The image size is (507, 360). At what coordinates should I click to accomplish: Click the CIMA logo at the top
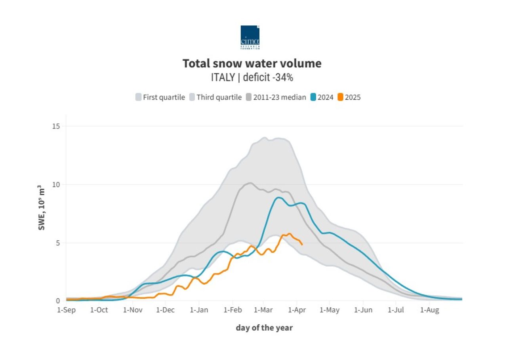coord(250,37)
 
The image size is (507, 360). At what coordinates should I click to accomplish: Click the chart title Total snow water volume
coord(252,63)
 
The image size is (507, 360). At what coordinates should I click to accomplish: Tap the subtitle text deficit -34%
coord(268,78)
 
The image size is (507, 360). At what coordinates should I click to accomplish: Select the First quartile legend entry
coord(160,97)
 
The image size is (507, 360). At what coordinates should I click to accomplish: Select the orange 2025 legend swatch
coord(340,97)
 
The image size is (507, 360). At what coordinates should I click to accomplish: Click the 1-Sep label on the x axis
coord(66,310)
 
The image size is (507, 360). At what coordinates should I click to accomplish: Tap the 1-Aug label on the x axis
coord(430,310)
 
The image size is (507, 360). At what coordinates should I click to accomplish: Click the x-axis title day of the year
coord(264,328)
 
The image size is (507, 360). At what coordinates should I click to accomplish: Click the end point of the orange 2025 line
coord(302,245)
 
